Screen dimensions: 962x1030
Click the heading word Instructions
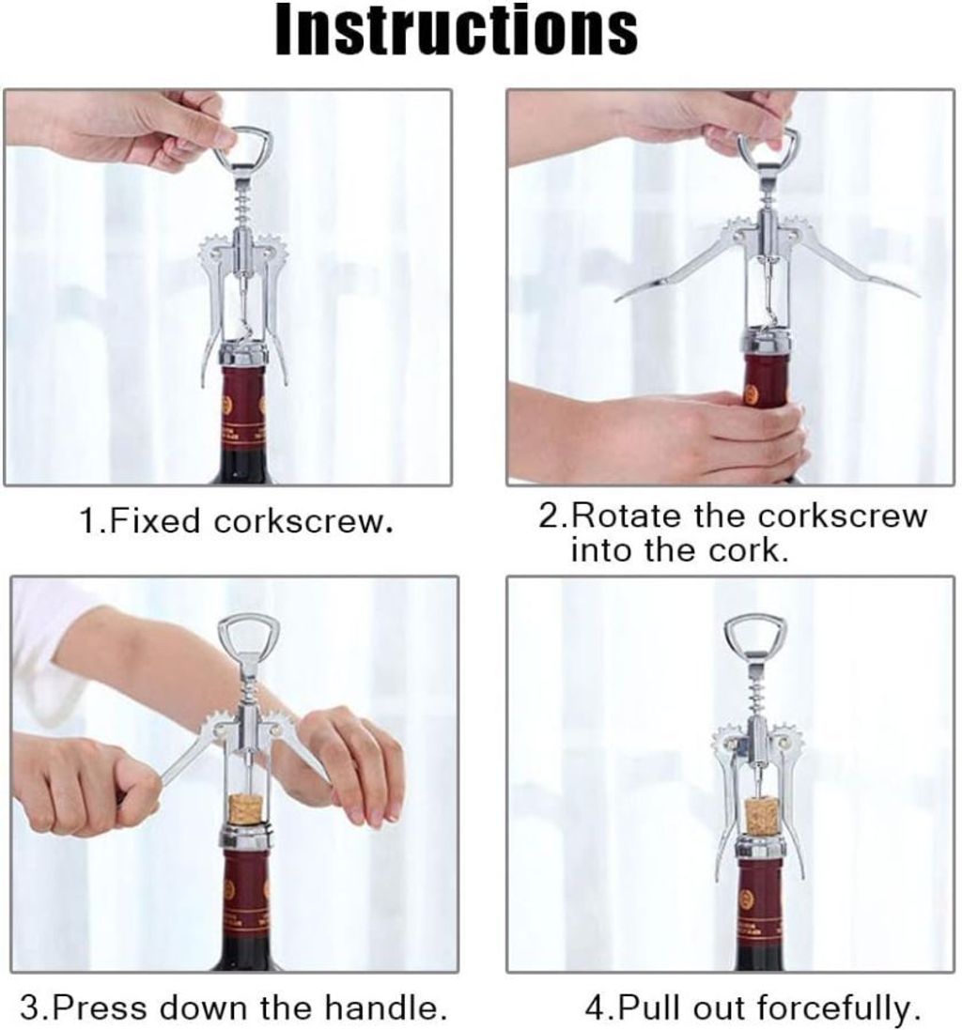pos(456,29)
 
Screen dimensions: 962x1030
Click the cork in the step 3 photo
pos(245,810)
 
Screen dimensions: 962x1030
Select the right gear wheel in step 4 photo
pos(784,740)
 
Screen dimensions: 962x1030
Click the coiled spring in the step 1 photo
pos(244,198)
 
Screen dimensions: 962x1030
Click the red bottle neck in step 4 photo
pos(760,906)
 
